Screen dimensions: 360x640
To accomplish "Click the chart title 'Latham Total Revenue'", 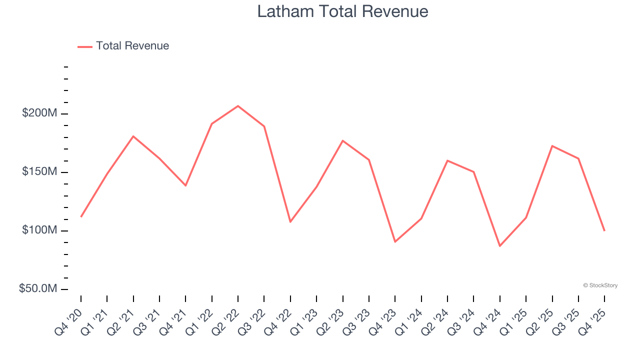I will tap(342, 11).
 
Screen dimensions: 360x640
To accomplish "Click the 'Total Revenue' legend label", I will tap(132, 46).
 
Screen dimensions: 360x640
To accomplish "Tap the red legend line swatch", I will tap(85, 46).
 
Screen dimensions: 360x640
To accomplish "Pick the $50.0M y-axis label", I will tap(38, 289).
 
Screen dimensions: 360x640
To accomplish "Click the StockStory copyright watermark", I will tap(600, 285).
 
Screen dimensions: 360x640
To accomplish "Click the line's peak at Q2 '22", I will tap(238, 106).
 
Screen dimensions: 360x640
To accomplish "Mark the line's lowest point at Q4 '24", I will tap(499, 246).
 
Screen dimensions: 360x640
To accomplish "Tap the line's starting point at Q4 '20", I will tap(81, 216).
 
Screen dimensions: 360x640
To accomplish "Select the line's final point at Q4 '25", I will tap(604, 230).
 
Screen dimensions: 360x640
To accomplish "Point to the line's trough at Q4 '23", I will tap(395, 242).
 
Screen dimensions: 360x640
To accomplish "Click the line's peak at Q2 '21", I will tap(133, 136).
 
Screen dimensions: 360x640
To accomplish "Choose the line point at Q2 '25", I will tap(552, 146).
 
